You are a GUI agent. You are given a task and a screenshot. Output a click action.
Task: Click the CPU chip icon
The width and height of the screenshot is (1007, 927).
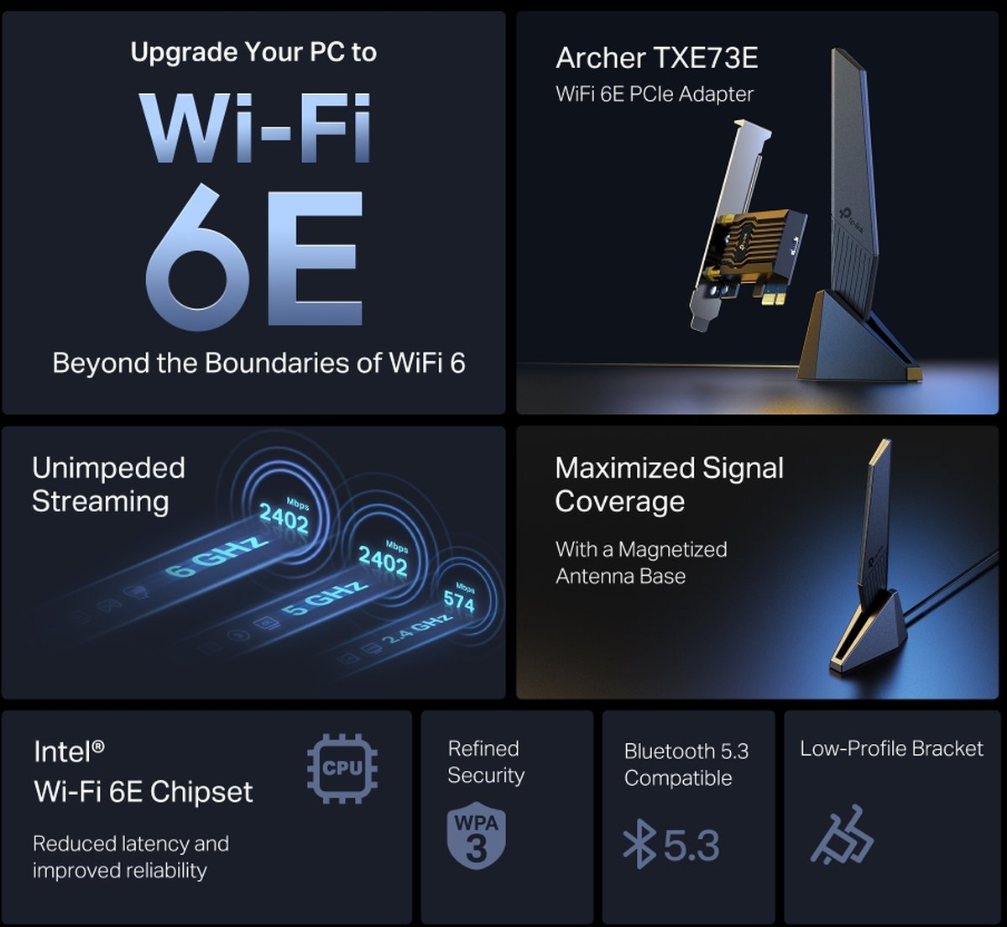pyautogui.click(x=342, y=768)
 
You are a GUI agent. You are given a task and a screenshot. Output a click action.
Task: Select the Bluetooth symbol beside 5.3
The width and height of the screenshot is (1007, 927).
pyautogui.click(x=639, y=844)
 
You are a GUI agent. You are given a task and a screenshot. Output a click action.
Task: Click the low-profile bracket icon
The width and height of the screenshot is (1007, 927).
pyautogui.click(x=843, y=835)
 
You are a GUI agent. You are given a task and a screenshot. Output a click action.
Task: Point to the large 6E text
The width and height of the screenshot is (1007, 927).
pyautogui.click(x=254, y=257)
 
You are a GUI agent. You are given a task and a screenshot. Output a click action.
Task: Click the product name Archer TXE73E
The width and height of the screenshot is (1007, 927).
pyautogui.click(x=656, y=58)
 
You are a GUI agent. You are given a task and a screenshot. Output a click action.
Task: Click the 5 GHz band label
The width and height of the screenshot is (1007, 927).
pyautogui.click(x=324, y=598)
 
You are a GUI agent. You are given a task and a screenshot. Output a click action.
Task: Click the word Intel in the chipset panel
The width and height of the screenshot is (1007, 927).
pyautogui.click(x=63, y=752)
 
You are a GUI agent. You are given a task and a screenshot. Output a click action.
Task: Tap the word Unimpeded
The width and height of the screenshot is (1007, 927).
pyautogui.click(x=108, y=469)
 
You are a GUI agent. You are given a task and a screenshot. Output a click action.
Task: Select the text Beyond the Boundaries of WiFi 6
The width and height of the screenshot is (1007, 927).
pyautogui.click(x=259, y=363)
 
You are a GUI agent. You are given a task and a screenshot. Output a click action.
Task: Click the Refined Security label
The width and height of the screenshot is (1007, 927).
pyautogui.click(x=486, y=762)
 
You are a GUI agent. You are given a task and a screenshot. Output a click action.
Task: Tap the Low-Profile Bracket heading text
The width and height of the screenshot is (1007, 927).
pyautogui.click(x=891, y=749)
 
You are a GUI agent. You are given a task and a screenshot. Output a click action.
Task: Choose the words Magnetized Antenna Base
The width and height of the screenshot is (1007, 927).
pyautogui.click(x=641, y=563)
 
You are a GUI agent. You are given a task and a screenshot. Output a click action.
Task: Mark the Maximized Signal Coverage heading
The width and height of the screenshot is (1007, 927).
pyautogui.click(x=669, y=484)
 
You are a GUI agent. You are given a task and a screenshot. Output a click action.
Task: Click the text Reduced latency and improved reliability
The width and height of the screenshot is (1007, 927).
pyautogui.click(x=131, y=857)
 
